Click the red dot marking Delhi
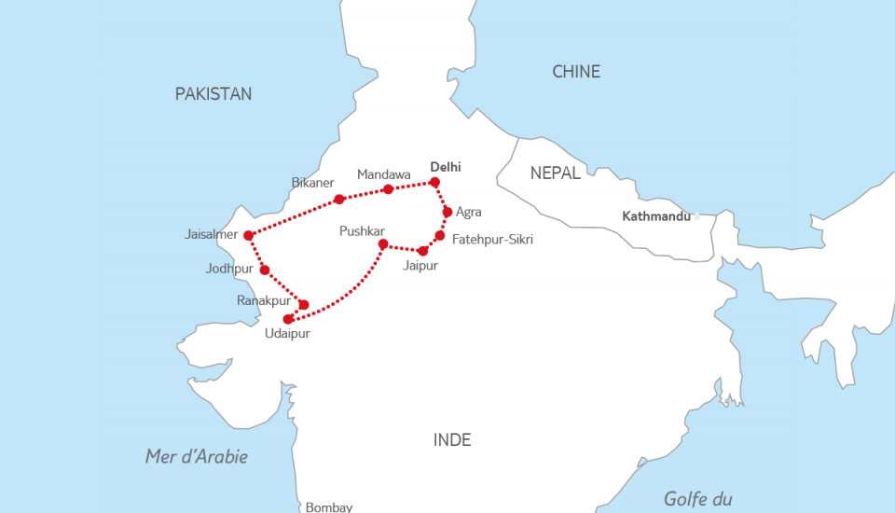coord(434,182)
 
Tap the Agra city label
coord(469,212)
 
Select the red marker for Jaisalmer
coord(249,235)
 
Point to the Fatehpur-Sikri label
coord(492,240)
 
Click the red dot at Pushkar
coord(382,244)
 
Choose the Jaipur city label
coord(420,266)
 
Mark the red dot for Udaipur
coord(288,319)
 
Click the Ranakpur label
coord(263,300)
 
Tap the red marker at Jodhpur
coord(265,270)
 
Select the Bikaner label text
coord(312,182)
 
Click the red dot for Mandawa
coord(389,189)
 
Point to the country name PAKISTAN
coord(213,93)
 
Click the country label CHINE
coord(576,72)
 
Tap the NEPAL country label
coord(556,173)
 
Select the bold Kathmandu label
coord(656,216)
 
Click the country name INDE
coord(452,439)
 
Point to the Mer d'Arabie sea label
coord(197,456)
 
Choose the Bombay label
coord(329,506)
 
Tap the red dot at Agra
coord(447,212)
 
